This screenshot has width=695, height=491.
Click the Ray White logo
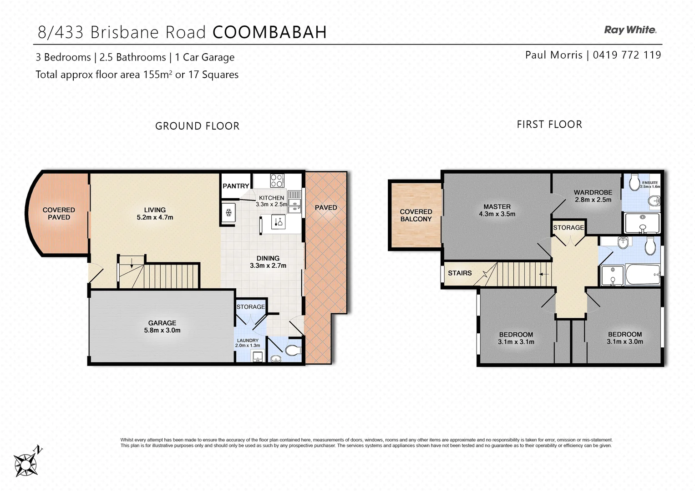(630, 30)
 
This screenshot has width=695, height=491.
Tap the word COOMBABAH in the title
(269, 32)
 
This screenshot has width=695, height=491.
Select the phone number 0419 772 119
(627, 55)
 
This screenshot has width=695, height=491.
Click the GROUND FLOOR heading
(197, 126)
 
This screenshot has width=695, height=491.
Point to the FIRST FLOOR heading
(549, 125)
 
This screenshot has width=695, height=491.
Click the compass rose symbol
(26, 463)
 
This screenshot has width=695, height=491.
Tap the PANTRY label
(235, 186)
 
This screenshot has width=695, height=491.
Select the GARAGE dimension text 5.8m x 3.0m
(162, 331)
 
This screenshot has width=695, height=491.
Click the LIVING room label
(155, 210)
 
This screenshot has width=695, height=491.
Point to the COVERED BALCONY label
(416, 215)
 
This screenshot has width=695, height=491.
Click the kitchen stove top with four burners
(277, 180)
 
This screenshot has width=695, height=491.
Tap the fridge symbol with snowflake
(229, 212)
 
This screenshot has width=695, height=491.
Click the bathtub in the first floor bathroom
(642, 275)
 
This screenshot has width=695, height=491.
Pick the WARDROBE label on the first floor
(593, 192)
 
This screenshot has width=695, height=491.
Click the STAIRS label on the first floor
(460, 273)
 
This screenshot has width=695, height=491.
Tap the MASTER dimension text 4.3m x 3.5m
(497, 214)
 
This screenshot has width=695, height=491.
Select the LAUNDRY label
(248, 340)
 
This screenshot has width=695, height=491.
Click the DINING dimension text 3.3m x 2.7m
(268, 266)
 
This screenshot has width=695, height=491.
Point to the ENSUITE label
(650, 182)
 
